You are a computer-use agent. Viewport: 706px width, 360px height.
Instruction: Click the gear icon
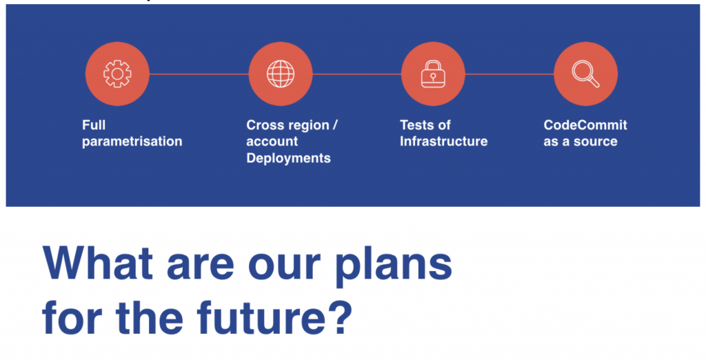tap(117, 73)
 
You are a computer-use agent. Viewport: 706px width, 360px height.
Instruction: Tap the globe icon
tap(281, 73)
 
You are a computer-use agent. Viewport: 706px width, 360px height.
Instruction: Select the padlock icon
tap(433, 74)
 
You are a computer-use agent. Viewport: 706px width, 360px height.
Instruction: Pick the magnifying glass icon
tap(585, 74)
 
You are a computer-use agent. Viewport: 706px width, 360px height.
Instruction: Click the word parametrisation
tap(132, 142)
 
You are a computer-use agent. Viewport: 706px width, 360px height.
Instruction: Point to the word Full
tap(94, 125)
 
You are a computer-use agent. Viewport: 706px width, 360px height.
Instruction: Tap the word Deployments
tap(289, 158)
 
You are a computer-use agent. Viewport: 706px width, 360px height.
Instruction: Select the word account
tap(272, 141)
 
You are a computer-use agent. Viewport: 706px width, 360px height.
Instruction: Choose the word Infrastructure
tap(443, 141)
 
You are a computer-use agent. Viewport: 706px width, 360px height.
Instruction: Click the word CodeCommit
tap(585, 125)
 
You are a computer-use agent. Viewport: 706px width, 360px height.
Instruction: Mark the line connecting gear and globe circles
tap(199, 74)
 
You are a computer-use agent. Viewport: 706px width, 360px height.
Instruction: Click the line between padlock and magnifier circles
tap(510, 74)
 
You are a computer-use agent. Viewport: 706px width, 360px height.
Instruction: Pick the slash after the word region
tap(335, 126)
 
